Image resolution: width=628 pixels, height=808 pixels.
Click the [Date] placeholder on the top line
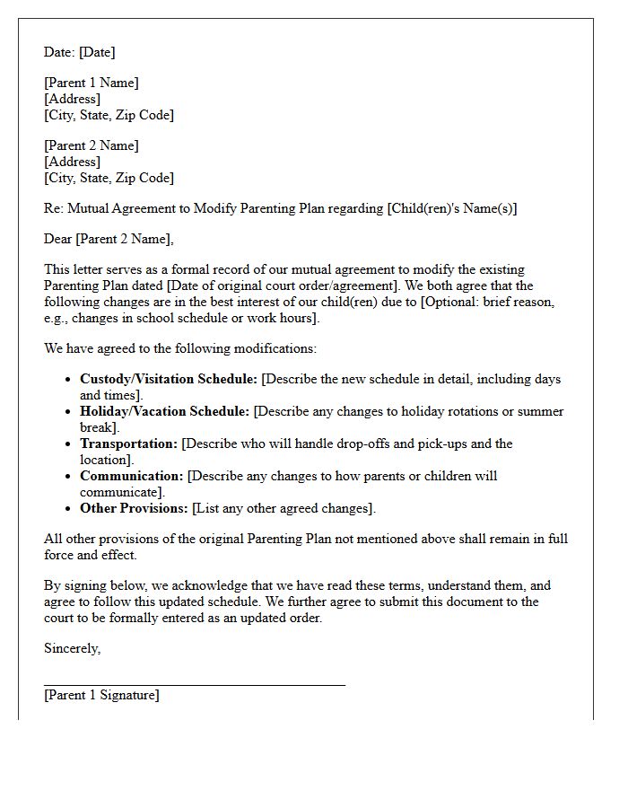tap(97, 52)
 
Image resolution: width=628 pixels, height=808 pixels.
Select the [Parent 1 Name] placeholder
tap(92, 83)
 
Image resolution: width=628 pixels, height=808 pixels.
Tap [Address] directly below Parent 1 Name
tap(73, 99)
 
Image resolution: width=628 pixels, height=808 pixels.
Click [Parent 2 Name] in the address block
tap(92, 145)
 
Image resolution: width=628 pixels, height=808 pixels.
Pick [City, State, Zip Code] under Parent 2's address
tap(109, 178)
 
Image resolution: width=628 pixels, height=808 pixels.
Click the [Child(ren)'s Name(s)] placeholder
tap(452, 208)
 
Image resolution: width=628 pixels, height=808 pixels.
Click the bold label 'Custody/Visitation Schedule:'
tap(168, 379)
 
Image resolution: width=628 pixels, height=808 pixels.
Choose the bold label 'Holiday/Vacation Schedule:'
tap(165, 411)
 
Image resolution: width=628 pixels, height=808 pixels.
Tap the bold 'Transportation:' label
tap(129, 444)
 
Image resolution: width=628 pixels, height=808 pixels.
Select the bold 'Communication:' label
tap(131, 476)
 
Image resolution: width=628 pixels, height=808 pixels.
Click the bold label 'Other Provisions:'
tap(135, 508)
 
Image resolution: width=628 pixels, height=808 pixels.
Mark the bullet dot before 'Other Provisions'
tap(68, 508)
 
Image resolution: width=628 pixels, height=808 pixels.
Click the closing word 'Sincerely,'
tap(72, 648)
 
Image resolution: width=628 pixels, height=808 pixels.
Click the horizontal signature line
tap(195, 685)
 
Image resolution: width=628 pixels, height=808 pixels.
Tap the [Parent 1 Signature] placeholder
tap(101, 695)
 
